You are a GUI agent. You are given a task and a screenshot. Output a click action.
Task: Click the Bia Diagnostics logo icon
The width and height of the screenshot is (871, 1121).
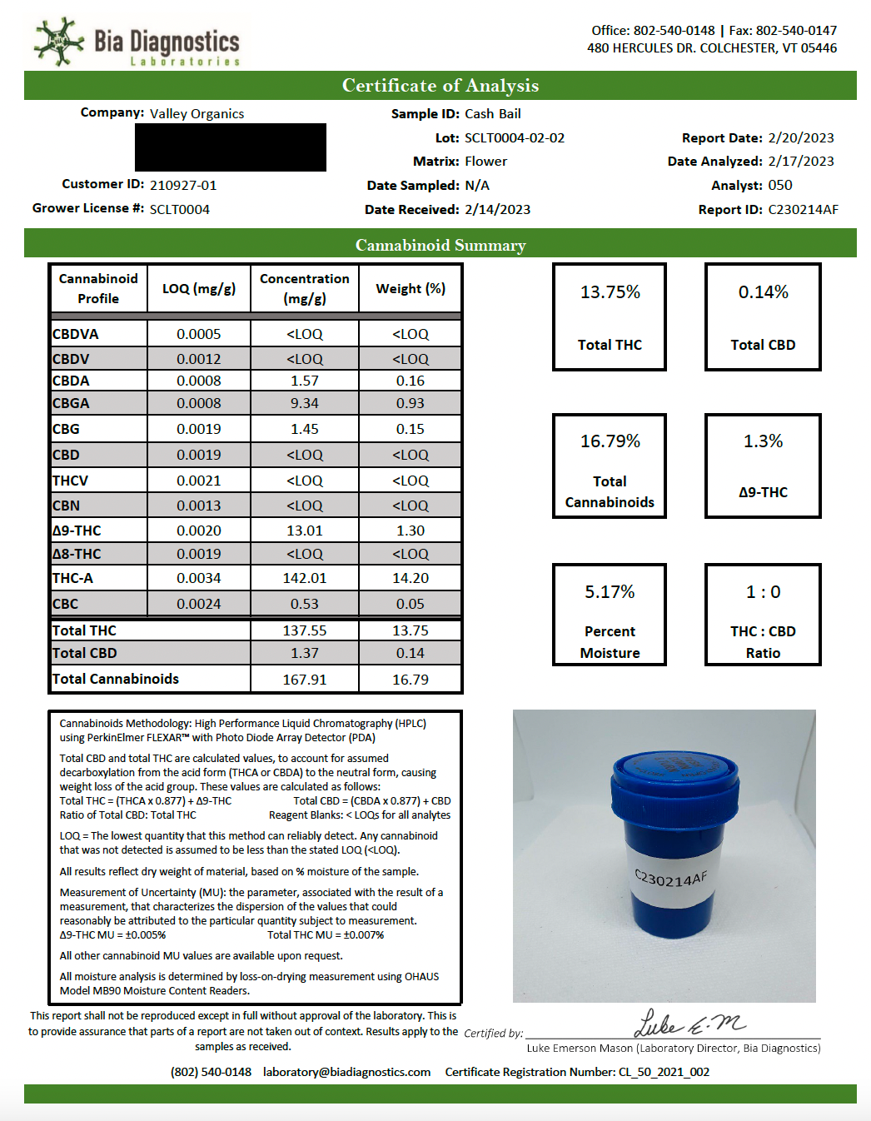point(58,41)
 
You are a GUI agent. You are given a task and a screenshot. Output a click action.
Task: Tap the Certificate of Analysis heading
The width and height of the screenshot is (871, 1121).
point(440,86)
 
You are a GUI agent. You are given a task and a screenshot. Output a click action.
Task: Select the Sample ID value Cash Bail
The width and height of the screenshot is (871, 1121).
point(493,114)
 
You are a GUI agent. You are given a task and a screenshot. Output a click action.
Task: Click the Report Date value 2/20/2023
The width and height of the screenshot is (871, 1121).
point(801,138)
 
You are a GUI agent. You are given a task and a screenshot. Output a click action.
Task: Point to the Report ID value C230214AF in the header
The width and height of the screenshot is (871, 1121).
point(803,210)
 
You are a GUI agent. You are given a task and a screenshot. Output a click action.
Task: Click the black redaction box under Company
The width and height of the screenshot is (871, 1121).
point(231,148)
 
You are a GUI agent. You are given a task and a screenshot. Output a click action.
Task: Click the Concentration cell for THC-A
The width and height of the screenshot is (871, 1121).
point(305,578)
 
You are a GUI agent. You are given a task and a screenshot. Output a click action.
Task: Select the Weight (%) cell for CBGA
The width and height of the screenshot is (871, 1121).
point(411,403)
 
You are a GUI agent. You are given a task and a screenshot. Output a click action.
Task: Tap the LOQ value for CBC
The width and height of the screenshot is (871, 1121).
point(199,604)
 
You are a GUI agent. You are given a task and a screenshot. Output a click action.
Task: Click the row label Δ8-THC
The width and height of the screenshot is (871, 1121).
point(77,554)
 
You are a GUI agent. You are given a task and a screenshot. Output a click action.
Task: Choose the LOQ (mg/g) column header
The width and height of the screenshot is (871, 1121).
point(199,289)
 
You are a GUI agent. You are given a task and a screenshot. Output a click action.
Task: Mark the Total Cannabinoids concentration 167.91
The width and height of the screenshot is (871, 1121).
point(305,680)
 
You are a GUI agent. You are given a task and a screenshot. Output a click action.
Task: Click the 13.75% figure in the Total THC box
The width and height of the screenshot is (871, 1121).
point(610,292)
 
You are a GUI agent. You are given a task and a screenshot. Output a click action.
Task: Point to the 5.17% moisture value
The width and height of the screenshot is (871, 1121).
point(610,592)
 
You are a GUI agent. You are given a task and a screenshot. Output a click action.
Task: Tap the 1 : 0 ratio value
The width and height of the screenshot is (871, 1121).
point(763,592)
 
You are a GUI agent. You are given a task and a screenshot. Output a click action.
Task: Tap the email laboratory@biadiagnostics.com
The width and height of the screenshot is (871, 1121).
point(347,1072)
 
